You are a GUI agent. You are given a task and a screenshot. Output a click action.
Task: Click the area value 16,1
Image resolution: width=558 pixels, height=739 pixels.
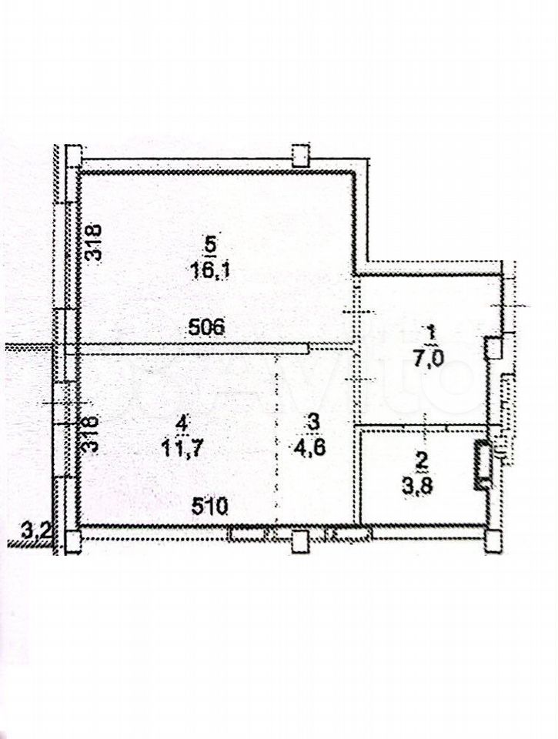pyautogui.click(x=209, y=271)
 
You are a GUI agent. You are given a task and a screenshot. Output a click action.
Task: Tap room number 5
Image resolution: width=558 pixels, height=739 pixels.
pyautogui.click(x=210, y=245)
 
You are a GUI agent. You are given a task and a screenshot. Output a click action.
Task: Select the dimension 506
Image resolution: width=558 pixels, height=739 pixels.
pyautogui.click(x=206, y=327)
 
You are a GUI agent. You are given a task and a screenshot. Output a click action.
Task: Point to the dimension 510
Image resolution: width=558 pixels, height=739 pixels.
pyautogui.click(x=209, y=507)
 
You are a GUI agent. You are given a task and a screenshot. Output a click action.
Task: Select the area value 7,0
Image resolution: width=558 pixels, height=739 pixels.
pyautogui.click(x=429, y=360)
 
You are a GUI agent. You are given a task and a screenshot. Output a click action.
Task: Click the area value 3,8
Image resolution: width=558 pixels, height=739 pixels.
pyautogui.click(x=418, y=487)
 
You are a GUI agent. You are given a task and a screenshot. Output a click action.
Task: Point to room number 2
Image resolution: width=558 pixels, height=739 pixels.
pyautogui.click(x=422, y=460)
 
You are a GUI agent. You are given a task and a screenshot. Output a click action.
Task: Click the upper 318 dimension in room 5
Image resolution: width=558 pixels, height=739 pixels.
pyautogui.click(x=94, y=242)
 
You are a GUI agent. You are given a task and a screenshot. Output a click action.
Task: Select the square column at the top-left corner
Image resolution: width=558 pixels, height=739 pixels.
pyautogui.click(x=74, y=155)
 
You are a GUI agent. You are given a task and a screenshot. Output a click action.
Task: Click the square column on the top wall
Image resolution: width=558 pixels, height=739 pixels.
pyautogui.click(x=300, y=155)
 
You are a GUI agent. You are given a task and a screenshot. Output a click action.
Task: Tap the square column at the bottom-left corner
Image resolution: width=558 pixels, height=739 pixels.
pyautogui.click(x=74, y=541)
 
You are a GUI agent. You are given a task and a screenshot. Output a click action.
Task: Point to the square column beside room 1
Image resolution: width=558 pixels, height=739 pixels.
pyautogui.click(x=493, y=348)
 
